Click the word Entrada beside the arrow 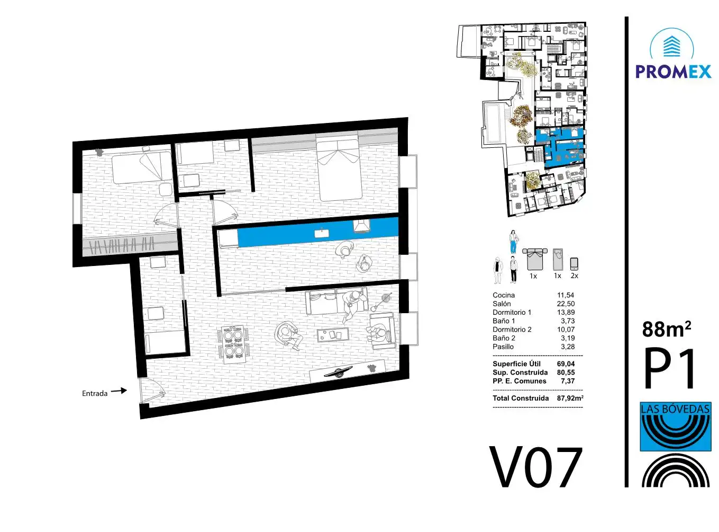94,393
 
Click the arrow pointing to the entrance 119,391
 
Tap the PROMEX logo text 673,72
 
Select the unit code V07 535,468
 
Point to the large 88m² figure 667,329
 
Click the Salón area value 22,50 566,304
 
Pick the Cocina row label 504,295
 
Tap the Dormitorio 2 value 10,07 566,330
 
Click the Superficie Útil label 516,363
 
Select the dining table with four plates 233,343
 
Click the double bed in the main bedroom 339,169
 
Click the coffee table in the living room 333,335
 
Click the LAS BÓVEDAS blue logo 675,427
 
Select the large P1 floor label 670,368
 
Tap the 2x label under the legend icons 574,276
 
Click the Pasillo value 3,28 568,347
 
